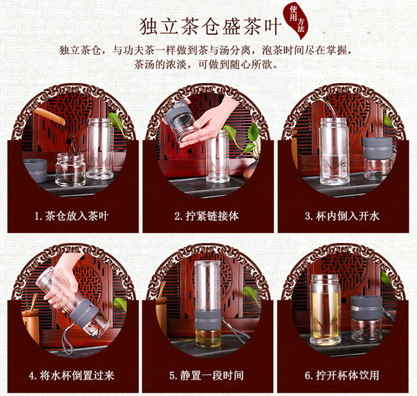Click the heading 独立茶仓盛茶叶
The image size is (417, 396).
point(210,26)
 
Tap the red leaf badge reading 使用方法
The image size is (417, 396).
point(297,21)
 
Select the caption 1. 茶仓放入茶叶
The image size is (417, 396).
point(72,215)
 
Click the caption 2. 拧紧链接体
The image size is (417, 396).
point(206,215)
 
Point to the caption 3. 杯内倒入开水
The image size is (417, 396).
point(342,215)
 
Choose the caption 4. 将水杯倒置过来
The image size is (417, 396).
point(72,375)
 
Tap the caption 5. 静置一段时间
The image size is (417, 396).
point(206,375)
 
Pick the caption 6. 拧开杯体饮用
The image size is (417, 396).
point(342,375)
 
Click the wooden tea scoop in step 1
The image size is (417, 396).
point(49,116)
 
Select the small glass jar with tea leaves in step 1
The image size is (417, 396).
point(71,169)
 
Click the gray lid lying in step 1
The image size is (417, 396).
point(36,169)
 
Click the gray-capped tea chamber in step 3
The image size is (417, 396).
point(377,159)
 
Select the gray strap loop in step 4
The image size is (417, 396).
point(67,341)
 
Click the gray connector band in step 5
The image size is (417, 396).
point(207,319)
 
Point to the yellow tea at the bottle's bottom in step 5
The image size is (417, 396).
point(208,338)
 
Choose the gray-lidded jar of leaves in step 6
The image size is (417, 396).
point(366,319)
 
